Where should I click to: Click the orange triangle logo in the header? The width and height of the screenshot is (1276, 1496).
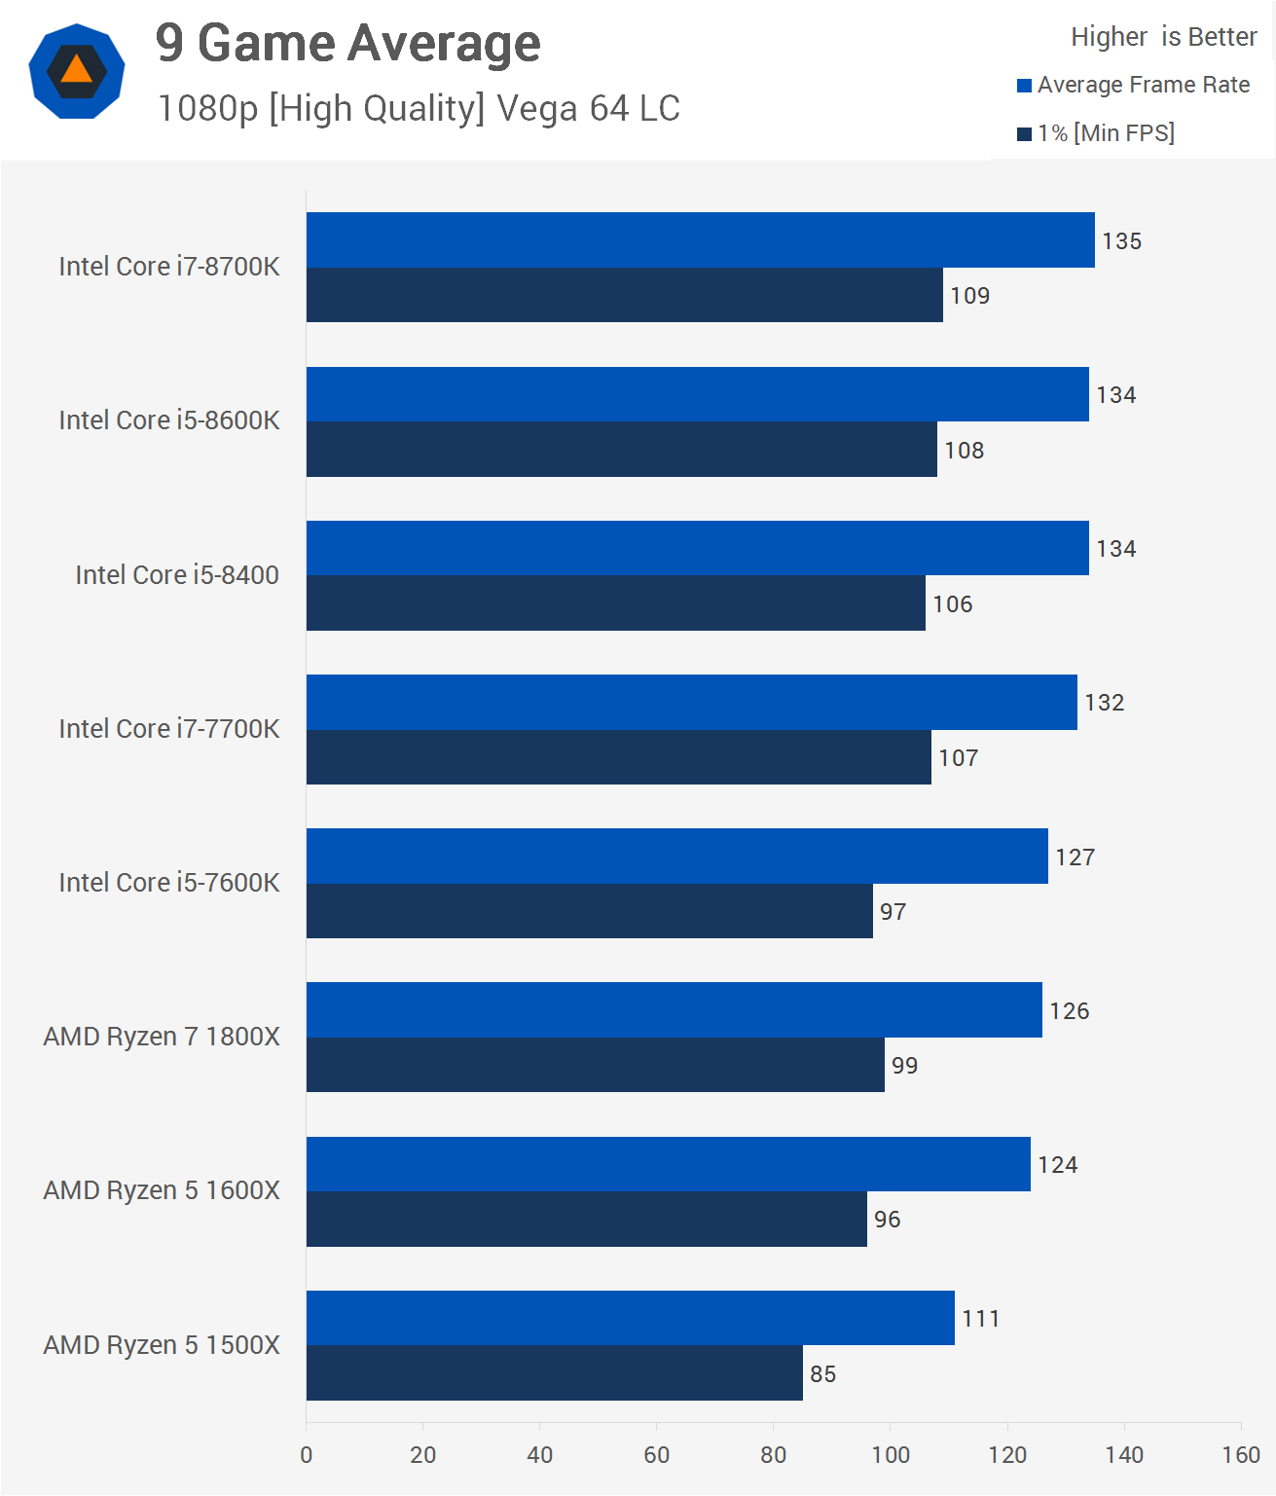[x=76, y=71]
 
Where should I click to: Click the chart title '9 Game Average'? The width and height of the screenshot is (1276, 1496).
[x=347, y=44]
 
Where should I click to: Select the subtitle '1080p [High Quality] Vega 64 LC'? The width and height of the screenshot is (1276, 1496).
[x=419, y=108]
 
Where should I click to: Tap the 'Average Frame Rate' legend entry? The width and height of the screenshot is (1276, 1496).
[x=1133, y=85]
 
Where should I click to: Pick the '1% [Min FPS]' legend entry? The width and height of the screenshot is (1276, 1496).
[x=1096, y=133]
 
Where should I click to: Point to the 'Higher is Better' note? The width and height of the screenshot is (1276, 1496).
[x=1163, y=37]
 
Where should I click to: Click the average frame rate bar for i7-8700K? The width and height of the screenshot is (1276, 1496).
[x=700, y=239]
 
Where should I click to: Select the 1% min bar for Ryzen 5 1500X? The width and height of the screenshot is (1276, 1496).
[x=554, y=1373]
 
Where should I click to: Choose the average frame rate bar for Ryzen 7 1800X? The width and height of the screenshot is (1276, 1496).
[x=674, y=1009]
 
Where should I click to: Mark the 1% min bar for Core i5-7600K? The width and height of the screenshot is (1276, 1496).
[x=589, y=911]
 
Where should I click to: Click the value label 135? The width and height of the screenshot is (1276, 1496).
[x=1121, y=241]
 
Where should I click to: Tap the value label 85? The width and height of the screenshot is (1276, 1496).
[x=822, y=1374]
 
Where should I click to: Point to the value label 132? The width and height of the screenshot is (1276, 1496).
[x=1104, y=703]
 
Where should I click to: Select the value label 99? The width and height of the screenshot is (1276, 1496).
[x=904, y=1066]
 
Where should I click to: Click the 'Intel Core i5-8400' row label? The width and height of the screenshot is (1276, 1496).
[x=177, y=575]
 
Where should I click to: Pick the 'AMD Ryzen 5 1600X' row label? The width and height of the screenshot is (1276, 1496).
[x=162, y=1190]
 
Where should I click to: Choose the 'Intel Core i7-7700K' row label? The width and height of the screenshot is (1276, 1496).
[x=169, y=729]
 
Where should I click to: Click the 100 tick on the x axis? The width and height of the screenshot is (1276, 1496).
[x=890, y=1455]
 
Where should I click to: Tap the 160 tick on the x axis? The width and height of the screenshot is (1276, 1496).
[x=1240, y=1455]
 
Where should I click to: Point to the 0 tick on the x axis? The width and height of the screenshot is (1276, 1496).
[x=307, y=1455]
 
